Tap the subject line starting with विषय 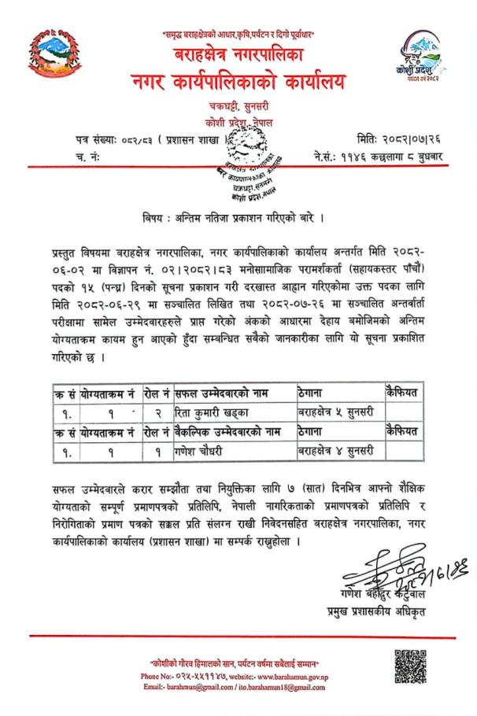click(x=238, y=216)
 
